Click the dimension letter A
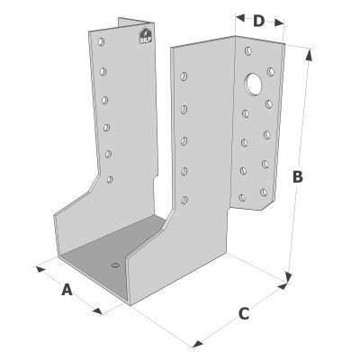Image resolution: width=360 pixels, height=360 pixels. click(67, 290)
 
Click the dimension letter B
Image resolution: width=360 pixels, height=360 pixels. click(298, 177)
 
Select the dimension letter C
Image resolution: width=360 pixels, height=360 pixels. click(244, 314)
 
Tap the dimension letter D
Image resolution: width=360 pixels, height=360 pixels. click(258, 21)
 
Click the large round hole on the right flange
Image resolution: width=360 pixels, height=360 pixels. click(253, 84)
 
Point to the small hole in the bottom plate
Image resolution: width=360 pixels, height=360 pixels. click(115, 265)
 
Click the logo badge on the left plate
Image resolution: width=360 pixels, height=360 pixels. click(146, 36)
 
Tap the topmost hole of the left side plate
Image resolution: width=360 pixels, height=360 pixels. click(101, 41)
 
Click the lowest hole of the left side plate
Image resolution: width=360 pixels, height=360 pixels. click(110, 179)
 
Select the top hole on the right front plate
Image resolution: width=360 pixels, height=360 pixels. click(184, 76)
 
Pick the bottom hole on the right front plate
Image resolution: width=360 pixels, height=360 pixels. click(184, 200)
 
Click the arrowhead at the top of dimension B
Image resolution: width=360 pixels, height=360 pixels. click(309, 55)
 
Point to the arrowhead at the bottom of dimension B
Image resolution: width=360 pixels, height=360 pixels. click(289, 277)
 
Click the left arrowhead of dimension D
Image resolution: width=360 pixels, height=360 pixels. click(240, 18)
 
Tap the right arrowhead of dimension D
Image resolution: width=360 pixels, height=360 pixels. click(279, 22)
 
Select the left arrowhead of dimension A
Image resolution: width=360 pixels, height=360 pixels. click(40, 269)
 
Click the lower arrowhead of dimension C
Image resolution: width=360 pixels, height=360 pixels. click(198, 344)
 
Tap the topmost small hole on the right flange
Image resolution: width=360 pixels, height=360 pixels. click(248, 51)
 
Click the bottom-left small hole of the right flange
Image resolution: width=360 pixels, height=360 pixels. click(242, 198)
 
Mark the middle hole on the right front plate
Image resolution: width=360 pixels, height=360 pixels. click(184, 141)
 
